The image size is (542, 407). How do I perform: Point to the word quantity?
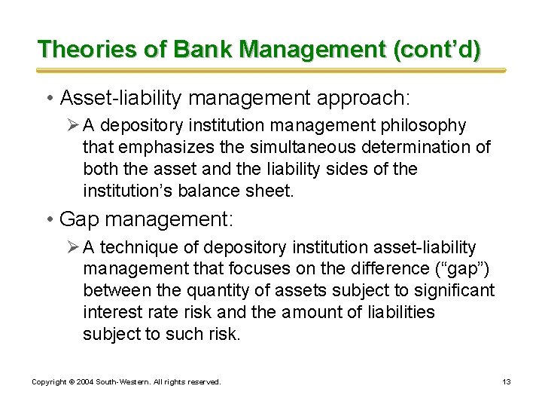tap(188, 291)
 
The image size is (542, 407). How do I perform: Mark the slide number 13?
tap(507, 382)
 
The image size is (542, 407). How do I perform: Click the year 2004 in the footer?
tap(87, 382)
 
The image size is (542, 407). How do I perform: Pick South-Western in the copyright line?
tap(123, 382)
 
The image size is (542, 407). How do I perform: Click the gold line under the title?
tap(271, 71)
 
